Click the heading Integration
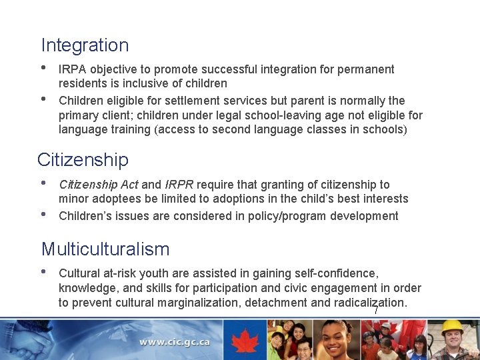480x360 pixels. [x=85, y=45]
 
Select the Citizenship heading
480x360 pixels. [x=83, y=160]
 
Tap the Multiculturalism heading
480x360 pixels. [x=105, y=249]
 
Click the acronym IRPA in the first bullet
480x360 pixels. [x=73, y=69]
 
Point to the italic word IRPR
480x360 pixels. [x=179, y=184]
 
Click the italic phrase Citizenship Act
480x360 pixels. [x=99, y=184]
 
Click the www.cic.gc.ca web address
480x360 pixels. [x=174, y=342]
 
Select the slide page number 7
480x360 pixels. [x=376, y=311]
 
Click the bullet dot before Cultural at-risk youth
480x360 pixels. [x=44, y=271]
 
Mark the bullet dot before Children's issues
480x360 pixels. [x=44, y=214]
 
